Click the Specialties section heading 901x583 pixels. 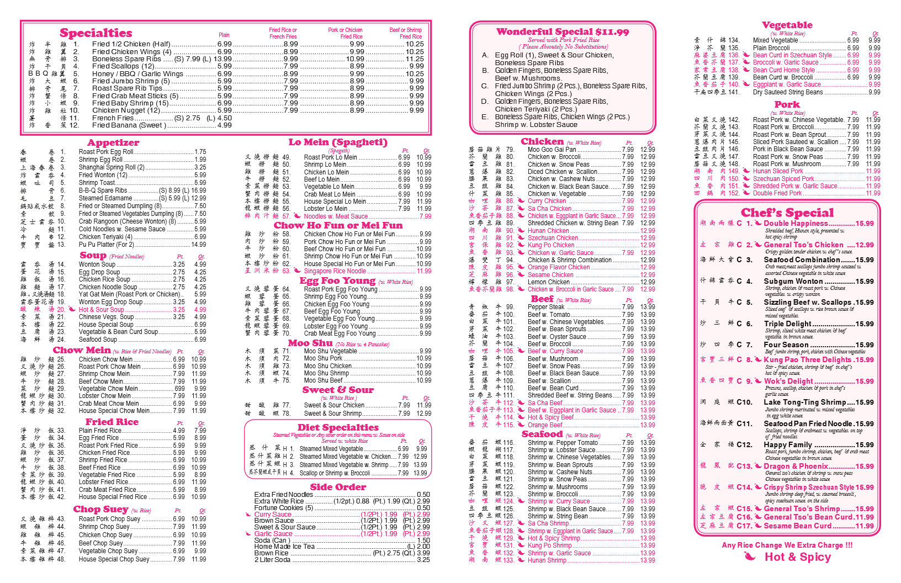96,33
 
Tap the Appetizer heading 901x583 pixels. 113,143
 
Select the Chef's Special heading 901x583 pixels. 787,213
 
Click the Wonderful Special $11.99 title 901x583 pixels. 562,32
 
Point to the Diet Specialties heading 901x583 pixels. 338,427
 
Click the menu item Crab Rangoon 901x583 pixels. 99,221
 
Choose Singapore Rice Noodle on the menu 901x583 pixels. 335,271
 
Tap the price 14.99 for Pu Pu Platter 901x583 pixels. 198,245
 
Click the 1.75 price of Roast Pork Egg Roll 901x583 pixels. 200,152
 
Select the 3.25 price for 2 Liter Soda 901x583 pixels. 423,560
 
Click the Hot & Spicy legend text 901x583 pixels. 797,557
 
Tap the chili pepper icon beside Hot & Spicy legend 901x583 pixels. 750,556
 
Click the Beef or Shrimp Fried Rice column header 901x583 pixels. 405,33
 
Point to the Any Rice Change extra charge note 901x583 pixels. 787,545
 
